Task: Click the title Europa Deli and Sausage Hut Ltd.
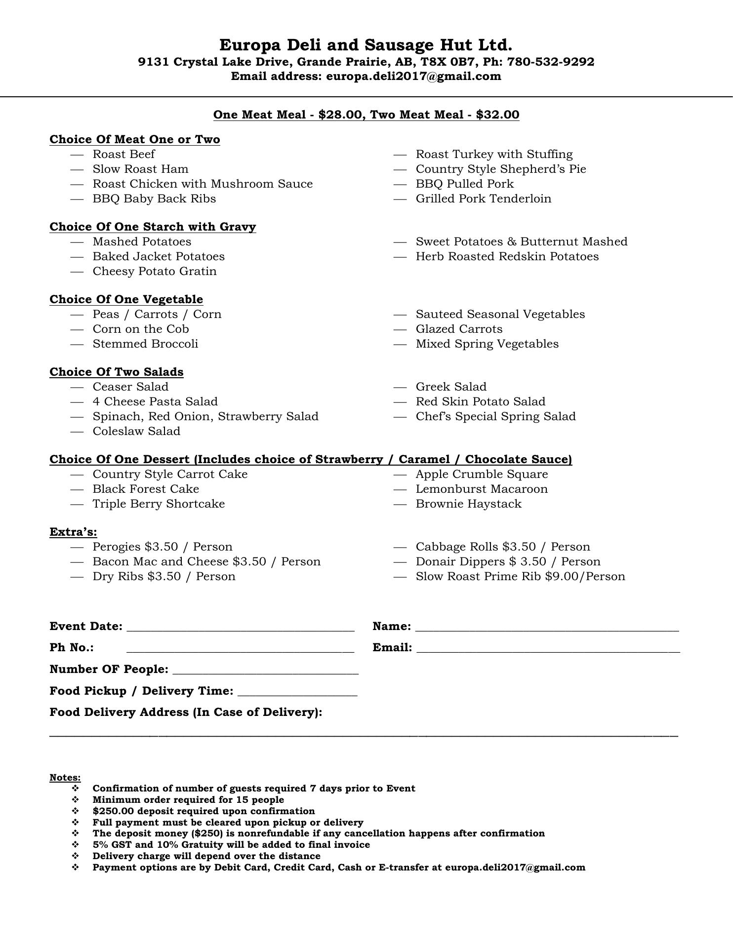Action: (x=366, y=45)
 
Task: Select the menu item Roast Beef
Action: (x=123, y=155)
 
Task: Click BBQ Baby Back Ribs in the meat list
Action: (x=154, y=199)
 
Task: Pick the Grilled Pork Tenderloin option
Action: (x=483, y=199)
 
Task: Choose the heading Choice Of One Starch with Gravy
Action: (x=153, y=227)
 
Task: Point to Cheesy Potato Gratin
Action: (x=155, y=272)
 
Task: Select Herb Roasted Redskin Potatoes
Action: (x=507, y=257)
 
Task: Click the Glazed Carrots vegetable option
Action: (x=459, y=329)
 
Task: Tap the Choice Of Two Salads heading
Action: (x=117, y=372)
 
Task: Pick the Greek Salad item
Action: (x=451, y=387)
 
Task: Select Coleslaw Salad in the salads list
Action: (x=136, y=432)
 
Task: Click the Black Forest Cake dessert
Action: (x=146, y=489)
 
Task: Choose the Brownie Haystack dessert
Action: (x=468, y=504)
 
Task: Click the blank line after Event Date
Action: (x=240, y=627)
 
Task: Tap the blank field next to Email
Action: (x=548, y=648)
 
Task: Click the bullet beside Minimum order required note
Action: (x=76, y=800)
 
